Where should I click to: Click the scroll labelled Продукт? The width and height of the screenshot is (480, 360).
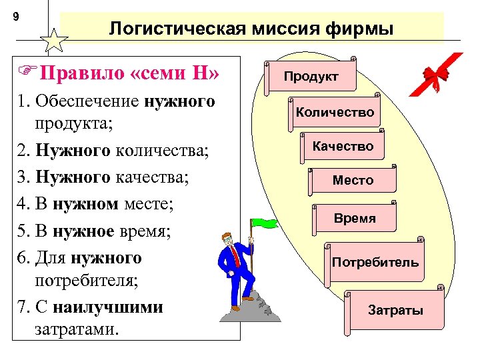pyautogui.click(x=311, y=77)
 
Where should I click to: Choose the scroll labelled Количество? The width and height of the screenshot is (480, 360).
pyautogui.click(x=335, y=112)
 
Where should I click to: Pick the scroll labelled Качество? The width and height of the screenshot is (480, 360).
pyautogui.click(x=343, y=146)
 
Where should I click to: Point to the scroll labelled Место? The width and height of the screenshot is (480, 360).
pyautogui.click(x=353, y=180)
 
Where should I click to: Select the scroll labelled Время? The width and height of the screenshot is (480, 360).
pyautogui.click(x=355, y=218)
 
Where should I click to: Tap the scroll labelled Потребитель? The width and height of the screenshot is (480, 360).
pyautogui.click(x=375, y=261)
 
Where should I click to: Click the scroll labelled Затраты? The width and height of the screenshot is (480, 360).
pyautogui.click(x=395, y=310)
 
